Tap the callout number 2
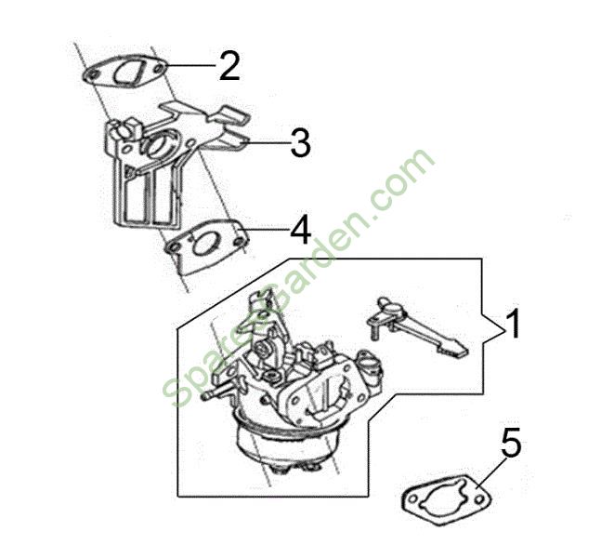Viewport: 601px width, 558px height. [x=229, y=66]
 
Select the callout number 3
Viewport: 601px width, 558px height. [x=300, y=142]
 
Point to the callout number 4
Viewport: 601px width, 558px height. [x=301, y=230]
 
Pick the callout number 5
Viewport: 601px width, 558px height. [x=510, y=443]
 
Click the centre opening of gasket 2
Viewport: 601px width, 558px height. [x=128, y=72]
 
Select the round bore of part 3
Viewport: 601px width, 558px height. [x=159, y=144]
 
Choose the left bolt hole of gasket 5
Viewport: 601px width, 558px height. [x=412, y=499]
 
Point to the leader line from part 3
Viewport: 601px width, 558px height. [x=265, y=143]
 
